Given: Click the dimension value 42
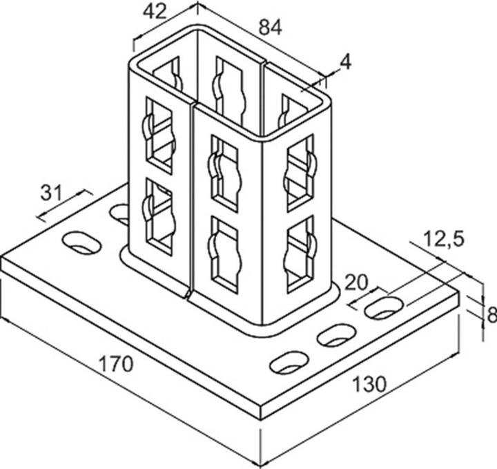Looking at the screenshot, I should (155, 12).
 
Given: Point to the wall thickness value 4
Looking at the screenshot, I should (345, 63).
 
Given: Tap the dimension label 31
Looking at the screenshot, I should (50, 193).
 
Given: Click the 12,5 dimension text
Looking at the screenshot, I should (442, 240).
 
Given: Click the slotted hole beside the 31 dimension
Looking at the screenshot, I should (81, 242).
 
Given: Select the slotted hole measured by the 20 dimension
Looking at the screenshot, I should (384, 307).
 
